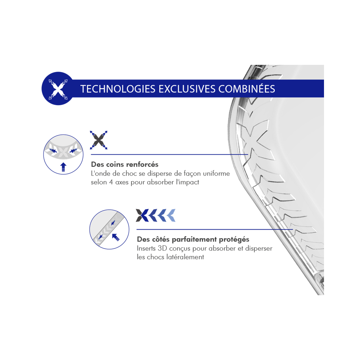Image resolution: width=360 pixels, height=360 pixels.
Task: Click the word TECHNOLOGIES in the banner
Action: click(118, 89)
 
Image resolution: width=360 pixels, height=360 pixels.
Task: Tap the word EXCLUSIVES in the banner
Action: click(187, 89)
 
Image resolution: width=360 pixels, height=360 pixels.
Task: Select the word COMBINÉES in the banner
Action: click(247, 89)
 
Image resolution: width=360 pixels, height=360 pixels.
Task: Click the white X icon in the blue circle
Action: click(58, 89)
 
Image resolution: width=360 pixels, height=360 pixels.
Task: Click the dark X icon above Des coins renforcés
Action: click(99, 140)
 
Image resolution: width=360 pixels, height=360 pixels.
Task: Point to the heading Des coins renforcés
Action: click(125, 165)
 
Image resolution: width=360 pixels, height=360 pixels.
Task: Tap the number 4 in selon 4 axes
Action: click(111, 182)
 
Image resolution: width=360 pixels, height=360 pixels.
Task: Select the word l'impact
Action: click(187, 182)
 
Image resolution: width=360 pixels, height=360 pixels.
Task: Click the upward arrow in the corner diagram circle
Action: click(63, 167)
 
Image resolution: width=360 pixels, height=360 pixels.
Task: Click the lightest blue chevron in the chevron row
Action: click(171, 215)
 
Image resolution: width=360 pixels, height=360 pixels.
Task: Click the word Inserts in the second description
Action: click(146, 248)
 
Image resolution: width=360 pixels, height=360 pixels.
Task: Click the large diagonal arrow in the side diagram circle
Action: click(116, 237)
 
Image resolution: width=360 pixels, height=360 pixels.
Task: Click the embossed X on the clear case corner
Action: click(257, 140)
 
